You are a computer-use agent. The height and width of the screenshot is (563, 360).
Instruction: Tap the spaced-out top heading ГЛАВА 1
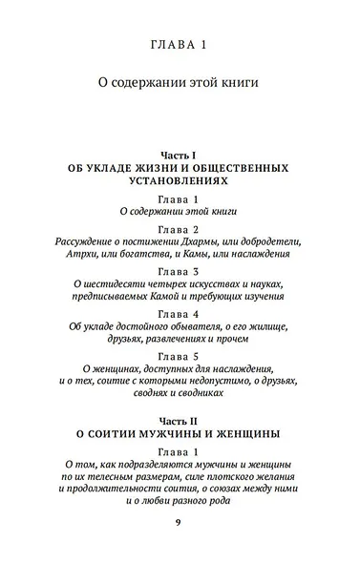pos(180,45)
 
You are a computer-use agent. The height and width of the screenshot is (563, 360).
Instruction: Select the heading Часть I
pos(180,154)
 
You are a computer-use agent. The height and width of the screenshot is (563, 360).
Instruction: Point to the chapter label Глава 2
pos(180,230)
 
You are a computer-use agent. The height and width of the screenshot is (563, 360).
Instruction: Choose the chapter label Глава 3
pos(180,271)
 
